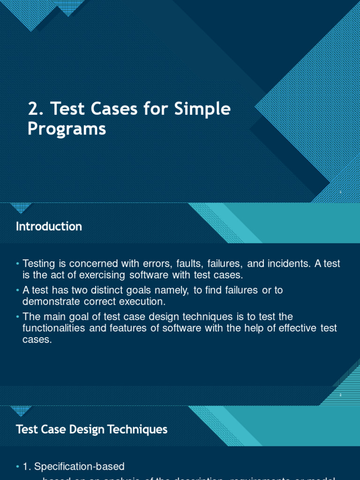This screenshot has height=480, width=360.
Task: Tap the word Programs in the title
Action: coord(67,129)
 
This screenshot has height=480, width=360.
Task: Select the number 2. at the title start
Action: coord(37,109)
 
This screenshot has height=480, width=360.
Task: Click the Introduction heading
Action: coord(49,226)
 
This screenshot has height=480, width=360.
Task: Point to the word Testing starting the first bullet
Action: coord(38,263)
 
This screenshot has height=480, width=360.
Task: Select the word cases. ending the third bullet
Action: coord(37,339)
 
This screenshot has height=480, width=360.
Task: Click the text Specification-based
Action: coord(80,466)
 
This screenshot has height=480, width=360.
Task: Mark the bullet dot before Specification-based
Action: coord(18,466)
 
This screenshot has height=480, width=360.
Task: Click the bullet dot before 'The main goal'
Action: coord(18,317)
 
